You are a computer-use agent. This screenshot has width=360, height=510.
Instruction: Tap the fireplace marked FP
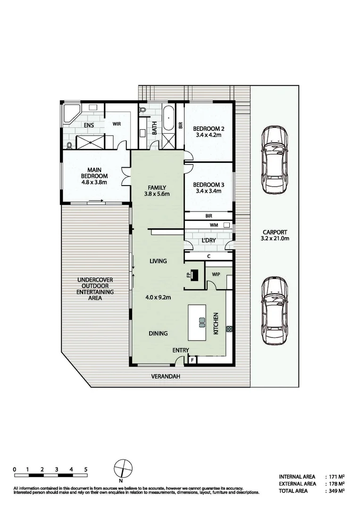194,276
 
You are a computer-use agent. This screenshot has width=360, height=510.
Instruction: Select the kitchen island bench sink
201,323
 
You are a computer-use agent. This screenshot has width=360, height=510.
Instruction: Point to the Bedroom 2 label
208,128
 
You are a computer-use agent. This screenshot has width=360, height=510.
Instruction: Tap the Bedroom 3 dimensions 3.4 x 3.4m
208,191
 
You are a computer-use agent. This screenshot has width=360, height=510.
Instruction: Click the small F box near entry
192,360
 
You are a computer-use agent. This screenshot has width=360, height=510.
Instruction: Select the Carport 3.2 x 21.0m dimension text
274,235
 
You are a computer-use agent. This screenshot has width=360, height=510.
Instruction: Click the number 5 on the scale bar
85,469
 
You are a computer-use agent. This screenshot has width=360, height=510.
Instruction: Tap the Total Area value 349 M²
337,491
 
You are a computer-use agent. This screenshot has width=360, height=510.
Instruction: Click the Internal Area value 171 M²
337,476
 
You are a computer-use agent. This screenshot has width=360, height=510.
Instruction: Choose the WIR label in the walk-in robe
117,124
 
